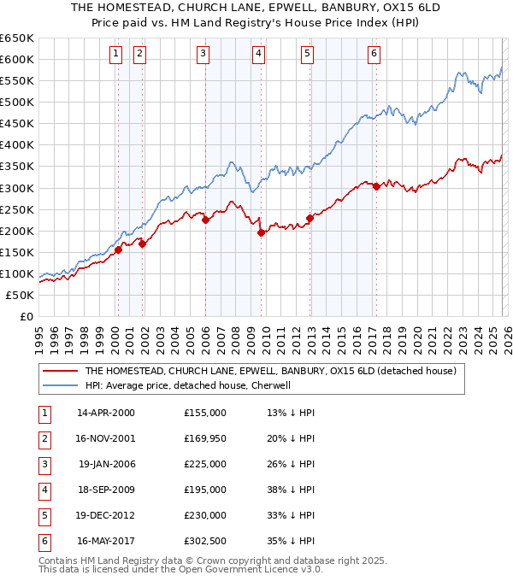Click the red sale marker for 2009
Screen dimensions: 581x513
(x=261, y=232)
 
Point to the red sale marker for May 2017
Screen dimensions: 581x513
(x=376, y=186)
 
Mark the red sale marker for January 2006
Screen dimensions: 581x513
(x=205, y=220)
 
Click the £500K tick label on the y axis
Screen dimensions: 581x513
(x=17, y=102)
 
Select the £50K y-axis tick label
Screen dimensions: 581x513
(x=21, y=295)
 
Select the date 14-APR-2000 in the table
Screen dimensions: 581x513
(x=106, y=413)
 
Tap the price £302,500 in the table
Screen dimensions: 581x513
(x=204, y=541)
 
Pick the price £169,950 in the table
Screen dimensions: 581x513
(x=204, y=438)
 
